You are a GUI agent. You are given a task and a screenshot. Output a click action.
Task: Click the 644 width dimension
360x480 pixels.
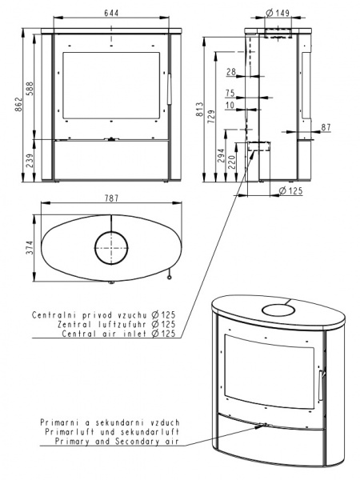111,13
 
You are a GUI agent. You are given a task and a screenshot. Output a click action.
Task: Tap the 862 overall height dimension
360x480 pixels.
19,104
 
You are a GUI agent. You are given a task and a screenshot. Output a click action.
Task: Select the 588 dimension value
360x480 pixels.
30,89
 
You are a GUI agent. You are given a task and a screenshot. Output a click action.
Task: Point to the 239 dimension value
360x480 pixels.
30,161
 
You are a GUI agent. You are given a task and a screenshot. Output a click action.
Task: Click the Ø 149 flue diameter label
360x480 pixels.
278,13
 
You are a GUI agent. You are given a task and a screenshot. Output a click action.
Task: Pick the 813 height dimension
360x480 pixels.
199,110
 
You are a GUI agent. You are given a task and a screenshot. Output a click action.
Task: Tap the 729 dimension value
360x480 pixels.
211,117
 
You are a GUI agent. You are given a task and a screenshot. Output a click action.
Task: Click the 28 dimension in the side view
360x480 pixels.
231,72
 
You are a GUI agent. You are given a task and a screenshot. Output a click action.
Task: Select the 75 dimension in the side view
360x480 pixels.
230,93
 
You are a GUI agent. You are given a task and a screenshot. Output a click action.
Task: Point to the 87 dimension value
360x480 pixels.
326,127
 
